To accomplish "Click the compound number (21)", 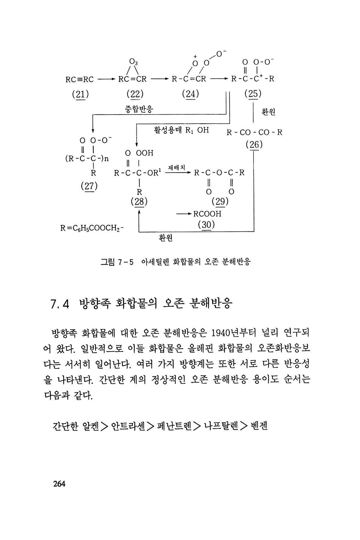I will [80, 94].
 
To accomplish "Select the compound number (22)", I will [135, 94].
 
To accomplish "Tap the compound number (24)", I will [190, 94].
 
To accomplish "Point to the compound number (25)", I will [253, 94].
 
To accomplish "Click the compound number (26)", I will [254, 145].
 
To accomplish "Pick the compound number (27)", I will [89, 186].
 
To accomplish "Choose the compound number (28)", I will [139, 201].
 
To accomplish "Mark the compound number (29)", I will [220, 201].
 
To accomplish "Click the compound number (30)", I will [206, 225].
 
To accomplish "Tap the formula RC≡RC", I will [79, 79].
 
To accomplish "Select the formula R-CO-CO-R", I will [254, 132].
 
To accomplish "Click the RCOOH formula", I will [207, 214].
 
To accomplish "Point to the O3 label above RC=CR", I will [133, 62].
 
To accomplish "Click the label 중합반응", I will [139, 109].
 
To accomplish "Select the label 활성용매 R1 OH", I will [181, 130].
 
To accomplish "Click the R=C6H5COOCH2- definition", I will [92, 228].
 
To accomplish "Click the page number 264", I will [59, 484].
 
